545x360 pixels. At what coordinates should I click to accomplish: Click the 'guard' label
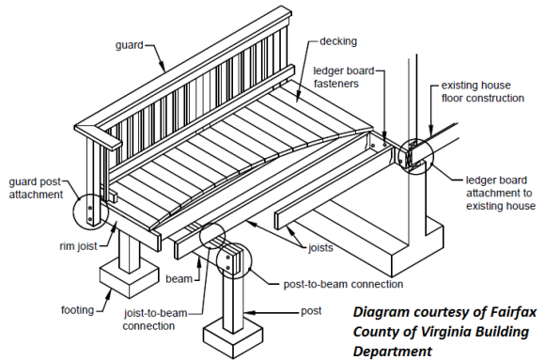[x=129, y=45]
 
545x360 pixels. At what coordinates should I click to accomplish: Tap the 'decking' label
[x=338, y=41]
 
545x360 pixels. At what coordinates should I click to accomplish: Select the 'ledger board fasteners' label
[x=344, y=77]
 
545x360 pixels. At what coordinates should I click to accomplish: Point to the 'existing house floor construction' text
[x=483, y=92]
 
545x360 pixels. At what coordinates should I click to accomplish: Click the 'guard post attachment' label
[x=36, y=188]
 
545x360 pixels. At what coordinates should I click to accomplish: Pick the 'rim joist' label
[x=78, y=246]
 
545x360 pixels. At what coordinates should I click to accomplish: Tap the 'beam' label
[x=179, y=279]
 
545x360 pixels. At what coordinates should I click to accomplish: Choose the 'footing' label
[x=77, y=310]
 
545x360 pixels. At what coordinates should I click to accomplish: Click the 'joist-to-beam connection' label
[x=155, y=320]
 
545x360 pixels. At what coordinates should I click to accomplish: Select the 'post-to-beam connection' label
[x=343, y=284]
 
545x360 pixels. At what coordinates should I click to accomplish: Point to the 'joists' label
[x=320, y=247]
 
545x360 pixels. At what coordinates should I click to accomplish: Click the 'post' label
[x=311, y=311]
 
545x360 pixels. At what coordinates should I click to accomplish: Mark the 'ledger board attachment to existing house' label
[x=501, y=193]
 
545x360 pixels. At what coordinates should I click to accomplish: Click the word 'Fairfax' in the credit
[x=513, y=312]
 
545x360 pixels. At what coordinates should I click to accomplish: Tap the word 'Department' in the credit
[x=393, y=351]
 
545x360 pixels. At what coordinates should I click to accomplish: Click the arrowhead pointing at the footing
[x=110, y=294]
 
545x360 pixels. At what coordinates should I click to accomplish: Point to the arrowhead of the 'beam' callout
[x=199, y=262]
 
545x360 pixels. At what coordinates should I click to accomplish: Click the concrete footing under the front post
[x=232, y=337]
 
